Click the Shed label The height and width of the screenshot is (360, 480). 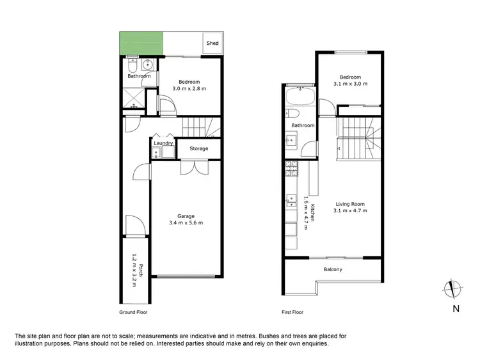tap(212, 43)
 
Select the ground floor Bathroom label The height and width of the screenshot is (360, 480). tap(139, 76)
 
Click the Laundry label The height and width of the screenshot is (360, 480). tap(163, 143)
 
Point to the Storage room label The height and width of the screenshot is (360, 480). tap(198, 148)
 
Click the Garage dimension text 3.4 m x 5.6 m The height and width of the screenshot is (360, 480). tap(186, 223)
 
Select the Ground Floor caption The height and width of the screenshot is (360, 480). tap(133, 313)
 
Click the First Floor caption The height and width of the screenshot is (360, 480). tap(292, 313)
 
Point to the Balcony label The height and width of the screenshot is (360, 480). tap(332, 269)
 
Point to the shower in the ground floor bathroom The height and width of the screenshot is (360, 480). tap(132, 98)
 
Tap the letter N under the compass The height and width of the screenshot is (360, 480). tap(455, 309)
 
